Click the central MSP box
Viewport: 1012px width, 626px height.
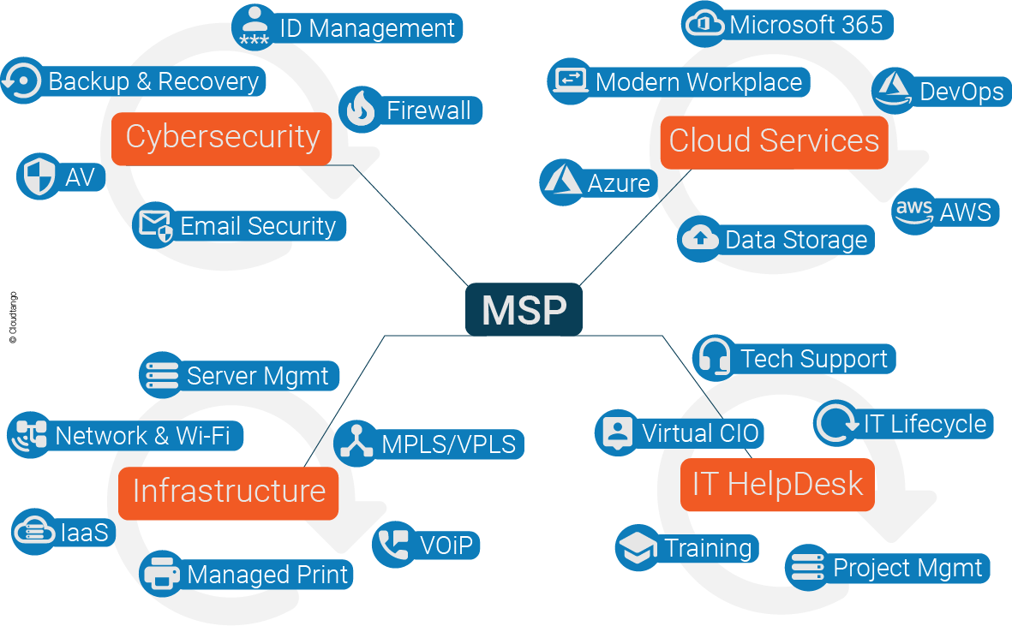point(524,309)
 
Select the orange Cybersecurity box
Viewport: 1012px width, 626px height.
point(222,137)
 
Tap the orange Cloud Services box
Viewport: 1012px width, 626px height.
point(774,141)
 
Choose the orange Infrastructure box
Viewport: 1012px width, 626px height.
point(229,492)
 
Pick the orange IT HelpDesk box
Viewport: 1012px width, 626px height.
point(777,485)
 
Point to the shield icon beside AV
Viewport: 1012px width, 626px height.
point(38,177)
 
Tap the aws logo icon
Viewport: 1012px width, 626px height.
point(913,211)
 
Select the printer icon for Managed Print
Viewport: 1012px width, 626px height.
point(161,574)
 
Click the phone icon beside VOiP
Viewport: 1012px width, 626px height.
point(394,544)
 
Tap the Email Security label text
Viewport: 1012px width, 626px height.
point(258,226)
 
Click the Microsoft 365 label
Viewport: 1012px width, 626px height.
point(805,25)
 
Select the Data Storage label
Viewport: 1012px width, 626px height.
point(796,240)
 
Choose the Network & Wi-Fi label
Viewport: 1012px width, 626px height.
point(142,436)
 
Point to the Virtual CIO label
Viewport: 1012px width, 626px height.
point(700,432)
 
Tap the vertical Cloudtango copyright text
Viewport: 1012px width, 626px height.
point(13,318)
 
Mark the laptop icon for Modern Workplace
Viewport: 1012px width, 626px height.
point(570,81)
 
